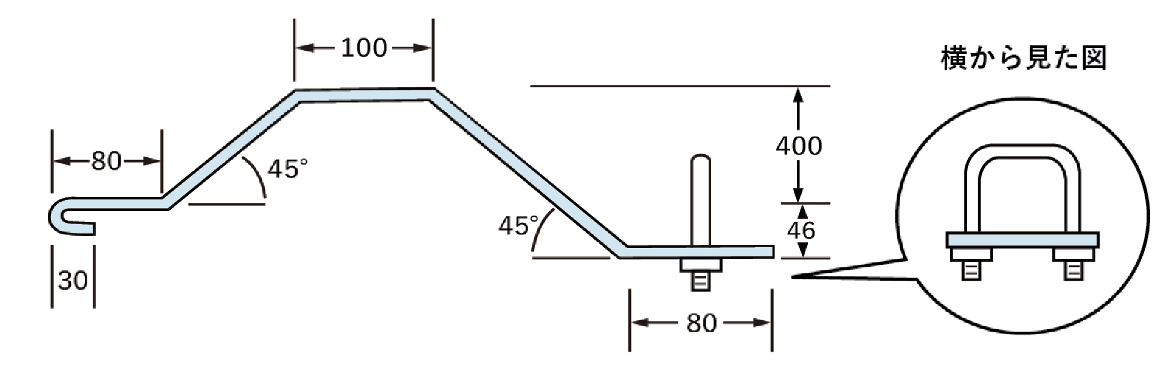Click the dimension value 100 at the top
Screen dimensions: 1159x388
(x=364, y=48)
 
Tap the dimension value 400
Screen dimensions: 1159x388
(x=799, y=146)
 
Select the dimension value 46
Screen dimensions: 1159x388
(x=801, y=230)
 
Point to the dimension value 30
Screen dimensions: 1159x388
(x=73, y=281)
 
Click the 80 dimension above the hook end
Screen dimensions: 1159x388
(x=107, y=161)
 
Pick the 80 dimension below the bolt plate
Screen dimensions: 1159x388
(x=701, y=324)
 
